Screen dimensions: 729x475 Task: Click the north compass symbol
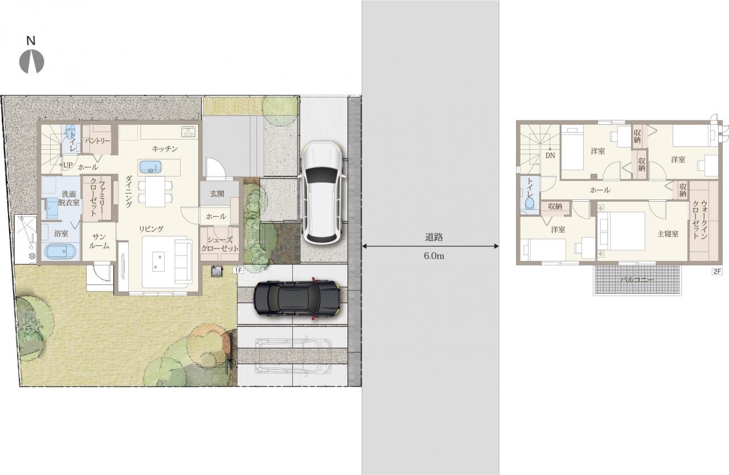[31, 61]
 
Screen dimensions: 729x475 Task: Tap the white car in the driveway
[322, 193]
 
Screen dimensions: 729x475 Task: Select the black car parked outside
[297, 298]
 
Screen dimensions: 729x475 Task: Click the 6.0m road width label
[434, 256]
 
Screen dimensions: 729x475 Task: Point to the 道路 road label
[434, 237]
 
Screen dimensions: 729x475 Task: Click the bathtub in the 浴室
[60, 252]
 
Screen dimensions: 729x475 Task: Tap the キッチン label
[165, 149]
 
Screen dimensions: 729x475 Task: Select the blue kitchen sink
[150, 167]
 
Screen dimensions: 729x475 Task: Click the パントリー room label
[97, 141]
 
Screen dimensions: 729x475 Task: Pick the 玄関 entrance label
[217, 194]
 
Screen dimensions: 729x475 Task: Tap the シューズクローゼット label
[220, 244]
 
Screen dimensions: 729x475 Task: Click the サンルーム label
[99, 241]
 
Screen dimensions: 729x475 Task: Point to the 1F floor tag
[238, 271]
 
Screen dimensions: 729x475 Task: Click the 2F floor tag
[717, 271]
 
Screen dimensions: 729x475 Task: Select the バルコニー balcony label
[637, 280]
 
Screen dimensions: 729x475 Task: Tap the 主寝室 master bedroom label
[668, 234]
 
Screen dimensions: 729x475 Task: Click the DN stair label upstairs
[550, 155]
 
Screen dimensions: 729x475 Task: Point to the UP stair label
[68, 165]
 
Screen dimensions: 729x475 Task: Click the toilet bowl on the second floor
[530, 203]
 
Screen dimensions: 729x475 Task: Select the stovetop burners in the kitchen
[189, 132]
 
